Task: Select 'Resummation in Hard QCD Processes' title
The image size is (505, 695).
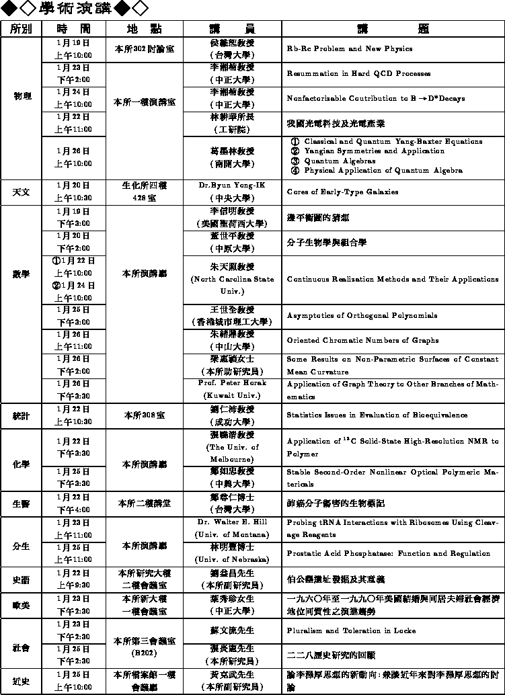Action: (358, 74)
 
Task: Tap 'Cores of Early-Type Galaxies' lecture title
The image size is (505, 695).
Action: (342, 192)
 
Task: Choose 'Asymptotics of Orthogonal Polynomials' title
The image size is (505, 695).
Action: (362, 315)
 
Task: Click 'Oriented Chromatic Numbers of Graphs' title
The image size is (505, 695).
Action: (362, 341)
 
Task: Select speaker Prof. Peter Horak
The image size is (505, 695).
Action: (232, 383)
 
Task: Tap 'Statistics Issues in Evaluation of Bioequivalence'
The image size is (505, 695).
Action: (377, 415)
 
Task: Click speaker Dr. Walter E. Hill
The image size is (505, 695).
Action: (232, 522)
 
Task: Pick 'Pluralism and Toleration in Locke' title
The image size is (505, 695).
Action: (352, 631)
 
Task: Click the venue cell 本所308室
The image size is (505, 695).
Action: (144, 415)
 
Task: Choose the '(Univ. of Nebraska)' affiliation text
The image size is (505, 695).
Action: (232, 559)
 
